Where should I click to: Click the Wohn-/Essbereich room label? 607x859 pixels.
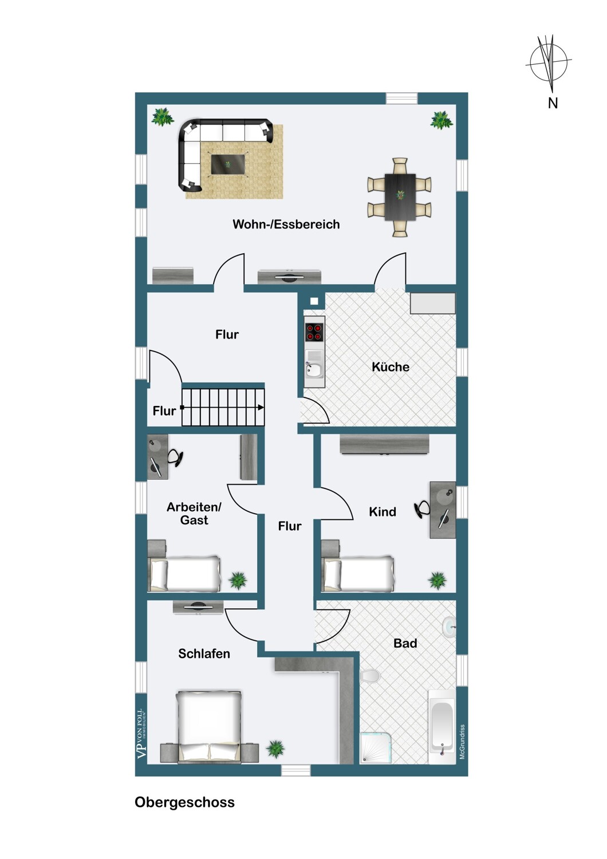click(x=286, y=224)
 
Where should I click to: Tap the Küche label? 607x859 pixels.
click(x=391, y=367)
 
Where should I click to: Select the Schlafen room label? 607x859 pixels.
click(x=204, y=653)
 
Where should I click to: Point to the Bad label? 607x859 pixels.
click(x=405, y=643)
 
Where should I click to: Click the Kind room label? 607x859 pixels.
click(x=383, y=511)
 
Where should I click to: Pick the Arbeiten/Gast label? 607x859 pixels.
click(x=194, y=514)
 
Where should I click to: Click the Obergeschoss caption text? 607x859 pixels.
click(x=184, y=802)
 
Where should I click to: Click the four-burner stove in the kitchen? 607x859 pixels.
click(x=314, y=333)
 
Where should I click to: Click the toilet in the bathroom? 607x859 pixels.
click(x=369, y=675)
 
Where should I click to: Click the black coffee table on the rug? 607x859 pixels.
click(x=228, y=164)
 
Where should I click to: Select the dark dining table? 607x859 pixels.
click(x=400, y=197)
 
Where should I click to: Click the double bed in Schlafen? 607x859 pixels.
click(x=210, y=733)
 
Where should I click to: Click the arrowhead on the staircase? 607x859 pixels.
click(x=261, y=407)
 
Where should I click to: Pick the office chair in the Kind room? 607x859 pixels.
click(x=422, y=509)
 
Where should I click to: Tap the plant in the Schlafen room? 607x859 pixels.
click(x=275, y=748)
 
